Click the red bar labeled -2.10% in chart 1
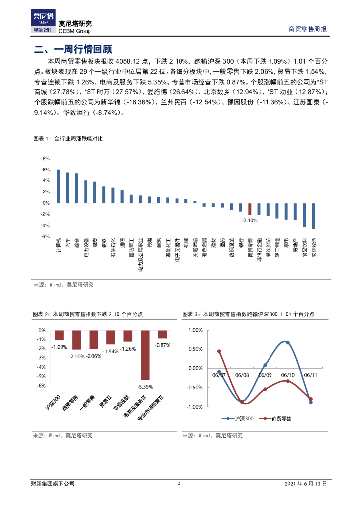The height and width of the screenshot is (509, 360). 250,209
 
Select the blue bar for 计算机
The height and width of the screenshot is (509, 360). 58,186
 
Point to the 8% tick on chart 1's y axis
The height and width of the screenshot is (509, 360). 46,159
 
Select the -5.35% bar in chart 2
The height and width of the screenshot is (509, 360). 145,355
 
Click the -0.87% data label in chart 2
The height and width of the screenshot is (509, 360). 162,345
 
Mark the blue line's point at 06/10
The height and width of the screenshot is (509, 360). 287,343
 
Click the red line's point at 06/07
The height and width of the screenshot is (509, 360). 219,351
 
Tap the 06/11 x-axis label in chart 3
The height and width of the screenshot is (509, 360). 310,376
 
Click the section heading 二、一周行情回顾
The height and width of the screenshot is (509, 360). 73,49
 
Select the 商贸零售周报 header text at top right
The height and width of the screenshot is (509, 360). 308,29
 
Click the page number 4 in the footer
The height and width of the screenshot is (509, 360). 180,484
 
